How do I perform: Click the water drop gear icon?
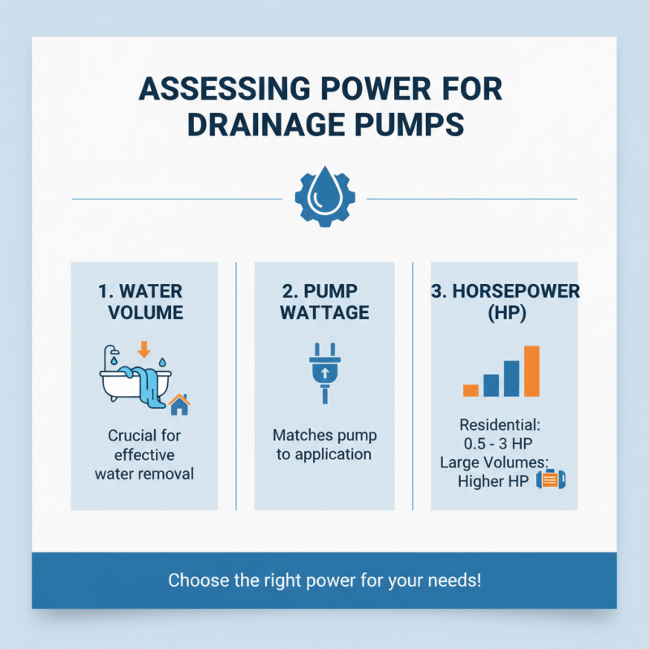pyautogui.click(x=324, y=199)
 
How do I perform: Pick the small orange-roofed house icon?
pyautogui.click(x=179, y=403)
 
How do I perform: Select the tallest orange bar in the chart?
pyautogui.click(x=531, y=371)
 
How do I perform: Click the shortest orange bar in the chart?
pyautogui.click(x=471, y=389)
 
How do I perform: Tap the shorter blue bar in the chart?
pyautogui.click(x=491, y=385)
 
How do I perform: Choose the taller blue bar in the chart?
pyautogui.click(x=511, y=378)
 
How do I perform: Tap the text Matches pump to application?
pyautogui.click(x=324, y=445)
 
